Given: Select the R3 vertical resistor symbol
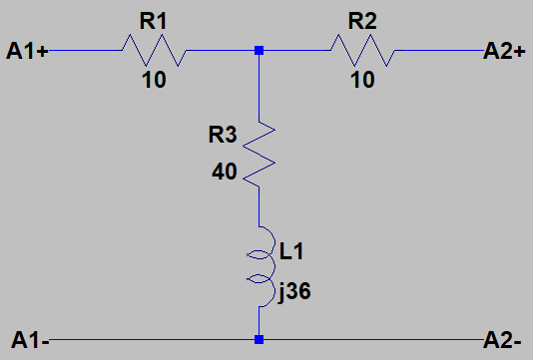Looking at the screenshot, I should pyautogui.click(x=259, y=151).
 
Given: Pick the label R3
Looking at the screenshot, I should pyautogui.click(x=223, y=132).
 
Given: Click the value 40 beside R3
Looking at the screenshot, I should pyautogui.click(x=225, y=172).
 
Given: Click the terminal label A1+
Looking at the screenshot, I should pyautogui.click(x=27, y=50).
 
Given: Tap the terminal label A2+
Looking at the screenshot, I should pyautogui.click(x=504, y=50).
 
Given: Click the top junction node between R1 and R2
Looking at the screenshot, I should pyautogui.click(x=260, y=50).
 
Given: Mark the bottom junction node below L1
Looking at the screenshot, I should pyautogui.click(x=260, y=340).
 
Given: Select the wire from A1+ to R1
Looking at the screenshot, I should pyautogui.click(x=85, y=50).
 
